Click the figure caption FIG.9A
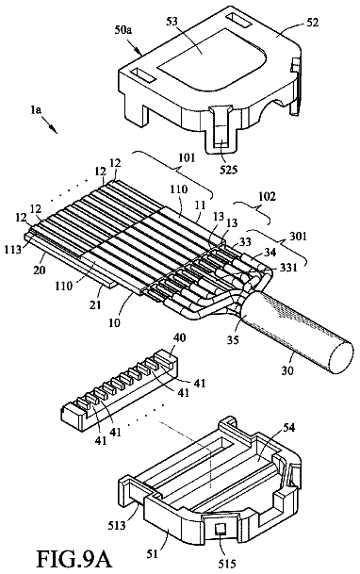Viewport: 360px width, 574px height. [x=73, y=559]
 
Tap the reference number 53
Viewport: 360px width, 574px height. [x=172, y=22]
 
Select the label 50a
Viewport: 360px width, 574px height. [x=123, y=29]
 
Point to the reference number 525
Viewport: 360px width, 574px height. [x=229, y=170]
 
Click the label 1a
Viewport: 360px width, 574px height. [x=36, y=110]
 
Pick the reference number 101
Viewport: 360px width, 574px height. [x=188, y=157]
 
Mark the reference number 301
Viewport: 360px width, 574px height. [x=299, y=237]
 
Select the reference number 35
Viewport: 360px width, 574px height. [x=233, y=340]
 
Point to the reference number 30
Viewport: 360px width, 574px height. [x=287, y=370]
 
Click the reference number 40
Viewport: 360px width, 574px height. [x=180, y=337]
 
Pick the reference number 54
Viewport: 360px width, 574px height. [x=288, y=427]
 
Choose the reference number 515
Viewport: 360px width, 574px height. [x=227, y=564]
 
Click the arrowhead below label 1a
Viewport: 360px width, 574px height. [x=54, y=129]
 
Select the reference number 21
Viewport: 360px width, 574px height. [x=95, y=304]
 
